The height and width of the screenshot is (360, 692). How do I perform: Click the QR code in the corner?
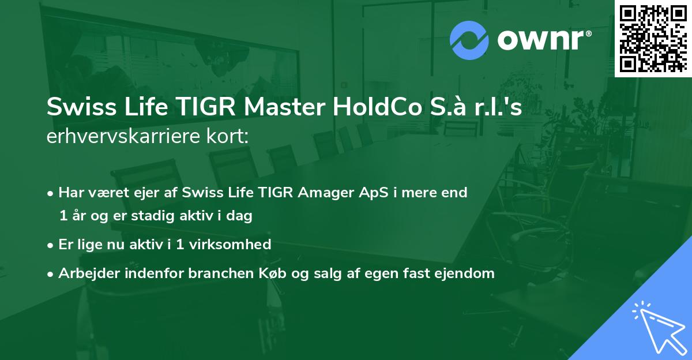[653, 38]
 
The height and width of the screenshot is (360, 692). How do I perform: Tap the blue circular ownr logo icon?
[469, 40]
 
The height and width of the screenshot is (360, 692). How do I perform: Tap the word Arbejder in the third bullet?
[85, 273]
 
